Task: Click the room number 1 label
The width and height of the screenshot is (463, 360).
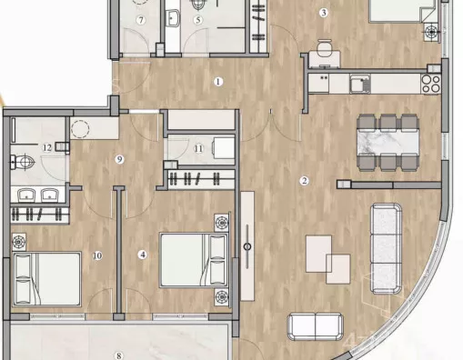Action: click(218, 82)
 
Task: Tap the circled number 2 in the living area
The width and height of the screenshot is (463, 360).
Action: click(304, 181)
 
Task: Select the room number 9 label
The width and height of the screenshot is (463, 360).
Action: click(119, 159)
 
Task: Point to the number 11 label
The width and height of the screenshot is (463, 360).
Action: click(198, 149)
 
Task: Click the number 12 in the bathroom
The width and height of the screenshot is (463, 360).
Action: click(47, 147)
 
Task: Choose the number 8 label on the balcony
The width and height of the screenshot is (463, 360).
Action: click(119, 355)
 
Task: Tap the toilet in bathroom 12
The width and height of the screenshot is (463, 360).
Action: click(22, 162)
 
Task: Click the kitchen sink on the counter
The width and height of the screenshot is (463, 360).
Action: click(360, 84)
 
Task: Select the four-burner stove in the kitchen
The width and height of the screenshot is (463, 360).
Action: click(431, 84)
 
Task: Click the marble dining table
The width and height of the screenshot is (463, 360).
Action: click(388, 143)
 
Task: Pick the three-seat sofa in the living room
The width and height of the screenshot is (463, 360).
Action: click(387, 249)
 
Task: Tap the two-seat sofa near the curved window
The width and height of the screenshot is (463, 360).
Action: click(316, 327)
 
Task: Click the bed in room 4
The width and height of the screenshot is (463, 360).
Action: click(194, 260)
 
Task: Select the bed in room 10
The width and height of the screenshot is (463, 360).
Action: click(47, 279)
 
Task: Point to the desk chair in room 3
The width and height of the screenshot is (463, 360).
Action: click(324, 48)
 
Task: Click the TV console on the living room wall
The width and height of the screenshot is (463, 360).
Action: click(247, 245)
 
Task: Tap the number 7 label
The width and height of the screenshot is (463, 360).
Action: click(141, 20)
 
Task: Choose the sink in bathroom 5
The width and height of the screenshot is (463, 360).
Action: click(173, 18)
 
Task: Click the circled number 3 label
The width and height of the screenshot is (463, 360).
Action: click(324, 13)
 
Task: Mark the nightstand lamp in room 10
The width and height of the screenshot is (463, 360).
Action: click(19, 242)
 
